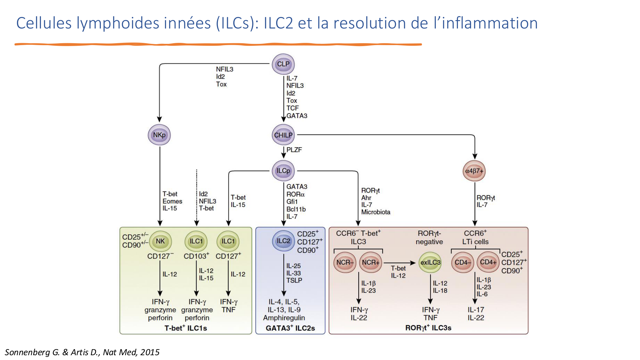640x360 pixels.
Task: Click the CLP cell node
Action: tap(283, 64)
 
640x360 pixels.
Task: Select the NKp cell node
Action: tap(159, 135)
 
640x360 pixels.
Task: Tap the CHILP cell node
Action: tap(283, 135)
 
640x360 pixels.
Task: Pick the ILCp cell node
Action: tap(283, 171)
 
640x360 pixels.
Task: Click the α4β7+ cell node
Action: tap(474, 171)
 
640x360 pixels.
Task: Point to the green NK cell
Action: tap(160, 241)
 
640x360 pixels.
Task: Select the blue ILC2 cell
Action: tap(283, 241)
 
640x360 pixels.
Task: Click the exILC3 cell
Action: tap(430, 262)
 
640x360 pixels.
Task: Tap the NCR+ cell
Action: tap(371, 262)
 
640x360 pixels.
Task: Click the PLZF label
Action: tap(294, 150)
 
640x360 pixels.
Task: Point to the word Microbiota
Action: tap(376, 212)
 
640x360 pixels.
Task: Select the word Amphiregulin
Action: tap(284, 318)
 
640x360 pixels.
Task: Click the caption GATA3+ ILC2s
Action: tap(290, 328)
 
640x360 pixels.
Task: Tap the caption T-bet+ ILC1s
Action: tap(186, 328)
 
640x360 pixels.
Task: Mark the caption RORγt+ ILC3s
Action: tap(428, 328)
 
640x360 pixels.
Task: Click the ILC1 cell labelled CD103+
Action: tap(196, 241)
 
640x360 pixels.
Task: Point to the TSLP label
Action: tap(294, 280)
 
